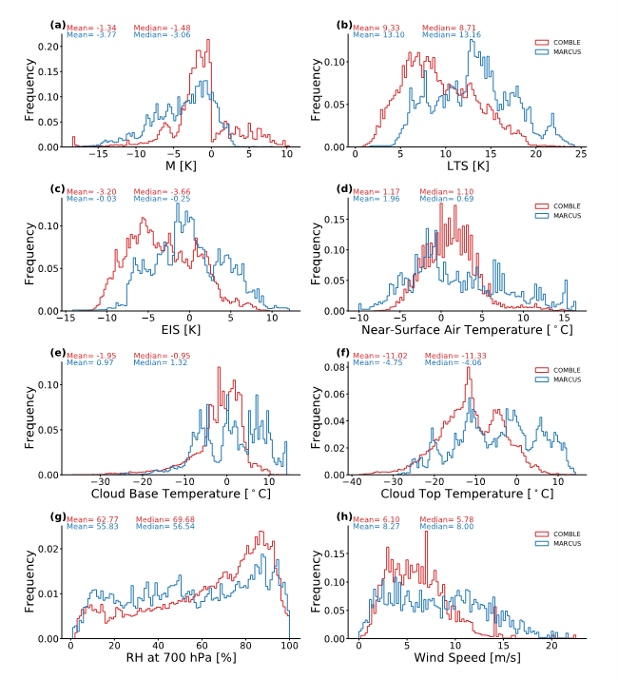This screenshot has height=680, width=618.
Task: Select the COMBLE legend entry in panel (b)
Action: [x=562, y=42]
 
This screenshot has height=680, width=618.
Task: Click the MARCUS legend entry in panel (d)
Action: [x=562, y=215]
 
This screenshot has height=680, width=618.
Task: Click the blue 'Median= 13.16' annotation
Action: [x=446, y=35]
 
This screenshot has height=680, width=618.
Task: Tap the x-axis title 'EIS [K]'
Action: [x=177, y=330]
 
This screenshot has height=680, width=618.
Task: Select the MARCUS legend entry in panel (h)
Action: [x=562, y=543]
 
